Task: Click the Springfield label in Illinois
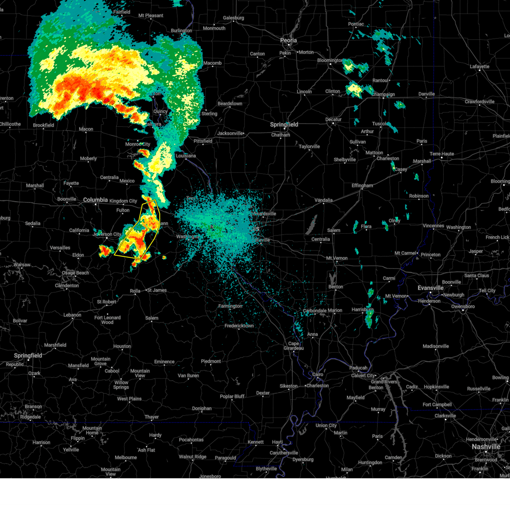point(284,125)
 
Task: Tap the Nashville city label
point(486,447)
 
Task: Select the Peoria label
point(288,40)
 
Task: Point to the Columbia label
point(95,200)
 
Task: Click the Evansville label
point(431,288)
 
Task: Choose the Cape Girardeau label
point(294,346)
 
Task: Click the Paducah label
point(358,368)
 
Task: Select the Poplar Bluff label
point(232,397)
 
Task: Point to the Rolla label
point(135,291)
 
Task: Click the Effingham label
point(362,186)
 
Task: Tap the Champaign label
point(383,94)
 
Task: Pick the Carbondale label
point(314,311)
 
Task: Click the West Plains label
point(129,399)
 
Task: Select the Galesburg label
point(233,18)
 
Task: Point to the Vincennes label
point(433,226)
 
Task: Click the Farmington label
point(230,306)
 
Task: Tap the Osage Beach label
point(76,273)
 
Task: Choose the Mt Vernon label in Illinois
point(337,258)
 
